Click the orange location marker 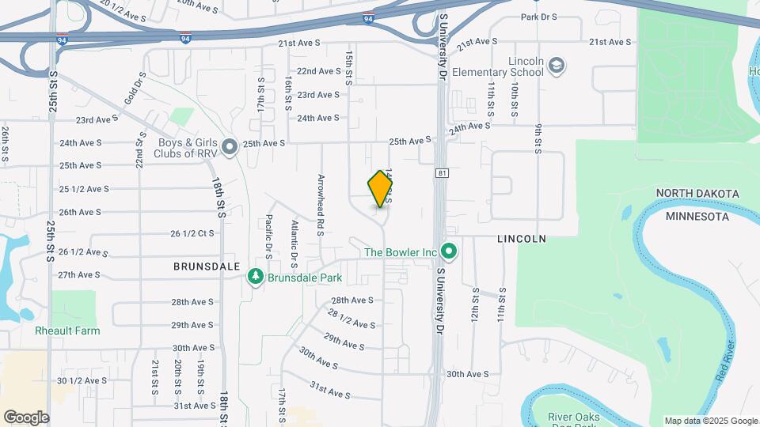(381, 189)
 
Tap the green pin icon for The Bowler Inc (450, 252)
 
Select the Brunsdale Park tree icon (256, 276)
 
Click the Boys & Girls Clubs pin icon (230, 146)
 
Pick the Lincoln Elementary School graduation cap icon (557, 65)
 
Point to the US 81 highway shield (441, 172)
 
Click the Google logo (26, 418)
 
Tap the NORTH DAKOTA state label (697, 194)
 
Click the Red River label (727, 363)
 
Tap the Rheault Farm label (67, 331)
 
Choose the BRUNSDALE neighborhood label (207, 267)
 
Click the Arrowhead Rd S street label (321, 204)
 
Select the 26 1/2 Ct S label (192, 234)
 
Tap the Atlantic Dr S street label (293, 235)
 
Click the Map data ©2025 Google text (710, 421)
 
